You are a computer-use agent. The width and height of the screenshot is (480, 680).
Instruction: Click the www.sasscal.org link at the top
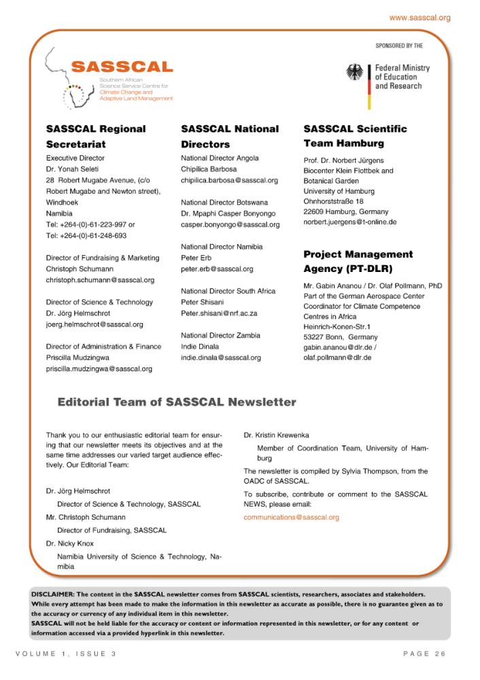click(419, 17)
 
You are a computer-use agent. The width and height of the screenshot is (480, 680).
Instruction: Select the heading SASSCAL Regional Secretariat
click(96, 136)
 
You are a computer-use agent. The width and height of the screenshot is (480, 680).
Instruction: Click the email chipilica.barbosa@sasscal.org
click(230, 180)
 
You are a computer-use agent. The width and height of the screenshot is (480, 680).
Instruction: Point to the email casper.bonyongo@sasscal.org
click(230, 224)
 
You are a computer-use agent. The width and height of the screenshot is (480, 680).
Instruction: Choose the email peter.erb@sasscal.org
click(217, 269)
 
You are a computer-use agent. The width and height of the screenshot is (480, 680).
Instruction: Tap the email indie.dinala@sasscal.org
click(221, 357)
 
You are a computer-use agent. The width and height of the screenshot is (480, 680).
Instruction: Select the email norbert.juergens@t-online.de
click(350, 222)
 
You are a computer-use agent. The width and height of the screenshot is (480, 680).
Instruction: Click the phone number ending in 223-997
click(90, 224)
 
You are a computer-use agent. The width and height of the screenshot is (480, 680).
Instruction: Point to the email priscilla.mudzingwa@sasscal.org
click(99, 369)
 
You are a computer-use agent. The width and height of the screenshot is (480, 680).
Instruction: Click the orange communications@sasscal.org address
click(291, 517)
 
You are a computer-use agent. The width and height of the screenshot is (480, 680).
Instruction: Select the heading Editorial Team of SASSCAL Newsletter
click(177, 402)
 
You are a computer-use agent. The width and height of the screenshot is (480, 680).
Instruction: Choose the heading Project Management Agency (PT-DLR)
click(358, 261)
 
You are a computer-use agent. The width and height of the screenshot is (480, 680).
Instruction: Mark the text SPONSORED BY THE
click(399, 46)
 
